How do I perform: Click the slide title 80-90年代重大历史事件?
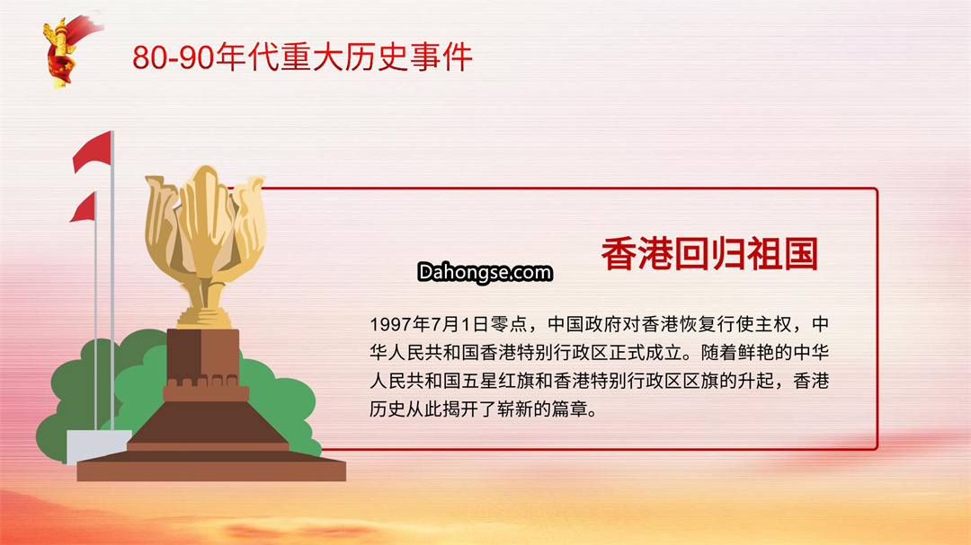coord(302,57)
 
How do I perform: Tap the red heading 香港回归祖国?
coord(709,253)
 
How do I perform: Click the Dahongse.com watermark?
coord(485,272)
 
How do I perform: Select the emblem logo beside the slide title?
coord(68,50)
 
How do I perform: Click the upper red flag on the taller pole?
coord(93,152)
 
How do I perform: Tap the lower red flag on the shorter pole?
coord(83,207)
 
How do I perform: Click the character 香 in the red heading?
coord(619,253)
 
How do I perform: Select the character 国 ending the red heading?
coord(801,253)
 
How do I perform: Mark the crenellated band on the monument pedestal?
coord(206,389)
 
